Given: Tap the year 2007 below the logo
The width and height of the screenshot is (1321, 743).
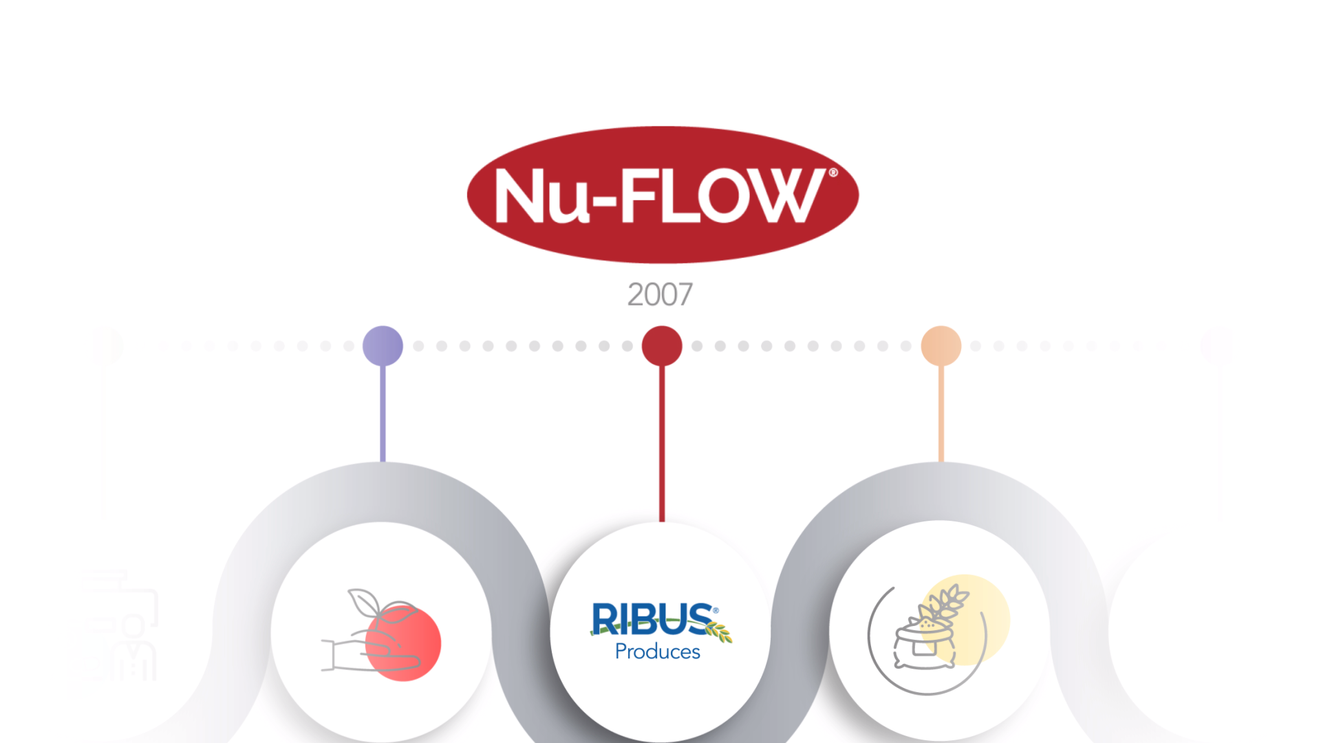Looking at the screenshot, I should (x=660, y=294).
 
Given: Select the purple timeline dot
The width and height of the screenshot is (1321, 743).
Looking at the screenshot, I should (x=383, y=345).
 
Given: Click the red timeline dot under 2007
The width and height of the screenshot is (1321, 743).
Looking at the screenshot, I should (x=662, y=345).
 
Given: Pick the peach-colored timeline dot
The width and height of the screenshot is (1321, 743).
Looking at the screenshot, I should (x=941, y=345).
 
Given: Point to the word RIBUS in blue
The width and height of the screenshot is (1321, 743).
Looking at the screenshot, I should (x=651, y=618).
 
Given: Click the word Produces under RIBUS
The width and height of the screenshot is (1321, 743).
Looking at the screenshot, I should (x=657, y=652).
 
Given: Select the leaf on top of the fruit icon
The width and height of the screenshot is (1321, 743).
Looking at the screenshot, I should (x=363, y=603).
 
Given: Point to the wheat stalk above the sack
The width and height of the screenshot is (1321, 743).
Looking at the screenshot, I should (x=948, y=601).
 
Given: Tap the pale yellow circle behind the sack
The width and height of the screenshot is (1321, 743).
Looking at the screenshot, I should (x=984, y=605).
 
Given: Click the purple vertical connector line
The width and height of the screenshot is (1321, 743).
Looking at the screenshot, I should (x=383, y=413).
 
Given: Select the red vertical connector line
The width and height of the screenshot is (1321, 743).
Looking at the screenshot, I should (x=662, y=440).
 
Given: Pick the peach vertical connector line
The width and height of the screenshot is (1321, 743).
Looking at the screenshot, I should (x=941, y=413).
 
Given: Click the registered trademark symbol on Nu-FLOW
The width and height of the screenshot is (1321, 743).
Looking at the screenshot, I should (x=833, y=173).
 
